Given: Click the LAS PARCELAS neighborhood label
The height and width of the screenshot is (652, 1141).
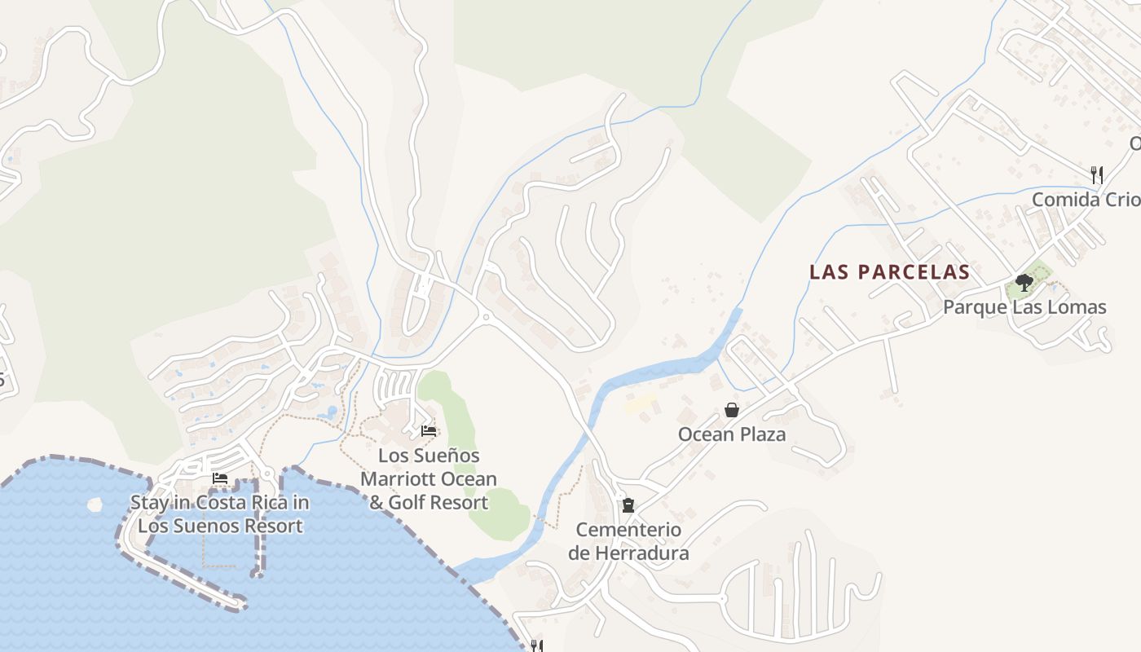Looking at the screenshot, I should click(x=889, y=272).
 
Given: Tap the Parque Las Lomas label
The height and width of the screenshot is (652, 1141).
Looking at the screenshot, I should click(x=1024, y=307).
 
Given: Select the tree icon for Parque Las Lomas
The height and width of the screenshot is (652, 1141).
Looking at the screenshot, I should click(x=1024, y=283).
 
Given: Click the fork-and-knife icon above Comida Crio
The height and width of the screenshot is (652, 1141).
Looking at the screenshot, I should click(x=1097, y=174).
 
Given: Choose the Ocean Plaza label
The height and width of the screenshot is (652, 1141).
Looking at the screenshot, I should click(x=732, y=434).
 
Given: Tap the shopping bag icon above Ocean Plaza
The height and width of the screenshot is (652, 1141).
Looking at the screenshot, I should click(x=732, y=410).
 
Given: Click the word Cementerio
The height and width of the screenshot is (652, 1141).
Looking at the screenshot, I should click(x=628, y=530).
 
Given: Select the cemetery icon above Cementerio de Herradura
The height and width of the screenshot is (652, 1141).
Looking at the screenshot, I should click(x=628, y=505).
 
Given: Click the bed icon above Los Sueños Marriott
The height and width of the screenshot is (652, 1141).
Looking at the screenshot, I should click(x=429, y=431).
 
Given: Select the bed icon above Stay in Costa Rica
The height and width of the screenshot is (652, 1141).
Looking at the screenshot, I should click(x=219, y=478).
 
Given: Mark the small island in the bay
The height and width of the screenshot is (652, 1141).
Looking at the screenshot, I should click(x=95, y=504).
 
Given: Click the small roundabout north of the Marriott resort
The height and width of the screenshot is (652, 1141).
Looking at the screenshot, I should click(x=486, y=316).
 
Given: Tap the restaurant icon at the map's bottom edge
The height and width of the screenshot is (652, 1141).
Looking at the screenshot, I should click(x=536, y=646).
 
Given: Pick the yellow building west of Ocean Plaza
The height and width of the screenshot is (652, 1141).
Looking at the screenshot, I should click(x=641, y=403).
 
